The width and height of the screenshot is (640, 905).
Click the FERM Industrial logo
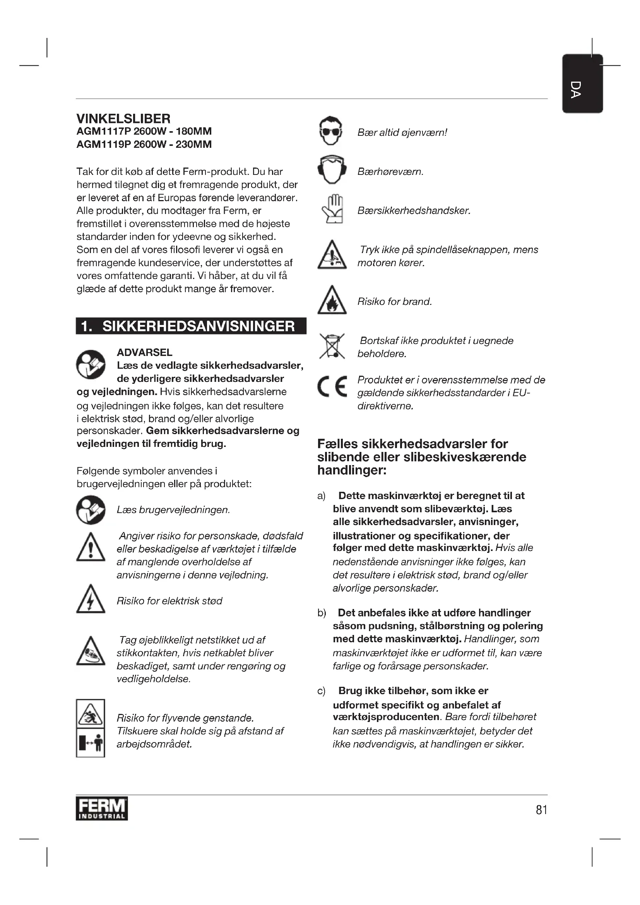pyautogui.click(x=102, y=808)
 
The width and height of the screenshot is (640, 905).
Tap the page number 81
pyautogui.click(x=541, y=809)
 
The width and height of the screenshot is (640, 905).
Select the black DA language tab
pyautogui.click(x=582, y=84)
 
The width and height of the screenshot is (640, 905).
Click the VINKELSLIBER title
pyautogui.click(x=123, y=119)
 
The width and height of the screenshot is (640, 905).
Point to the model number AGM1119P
pyautogui.click(x=103, y=145)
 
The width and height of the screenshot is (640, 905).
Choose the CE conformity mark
pyautogui.click(x=332, y=386)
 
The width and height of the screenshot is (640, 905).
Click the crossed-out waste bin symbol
pyautogui.click(x=332, y=346)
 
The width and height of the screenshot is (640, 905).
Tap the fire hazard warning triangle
pyautogui.click(x=332, y=301)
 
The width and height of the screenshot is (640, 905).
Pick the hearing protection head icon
pyautogui.click(x=332, y=169)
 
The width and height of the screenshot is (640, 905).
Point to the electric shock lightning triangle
pyautogui.click(x=91, y=599)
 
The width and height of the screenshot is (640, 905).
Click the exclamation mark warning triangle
pyautogui.click(x=91, y=547)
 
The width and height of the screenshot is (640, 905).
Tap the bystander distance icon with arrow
pyautogui.click(x=91, y=742)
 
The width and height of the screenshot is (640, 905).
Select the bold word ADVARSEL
pyautogui.click(x=145, y=352)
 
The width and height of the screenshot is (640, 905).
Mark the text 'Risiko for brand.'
pyautogui.click(x=394, y=301)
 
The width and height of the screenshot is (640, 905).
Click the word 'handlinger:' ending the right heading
pyautogui.click(x=351, y=470)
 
